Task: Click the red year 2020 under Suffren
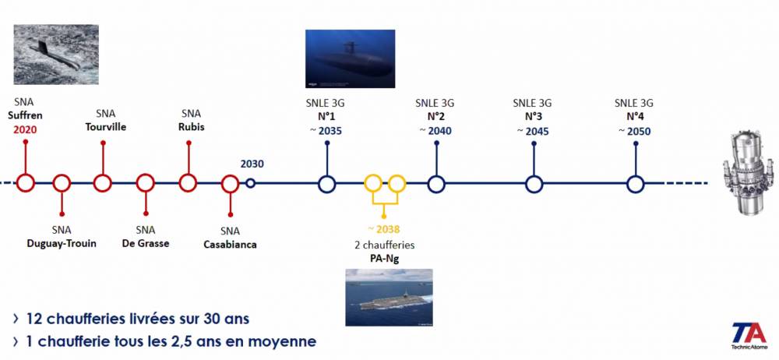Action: pyautogui.click(x=25, y=129)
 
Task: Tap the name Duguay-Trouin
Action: pyautogui.click(x=62, y=244)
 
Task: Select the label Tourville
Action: pyautogui.click(x=105, y=127)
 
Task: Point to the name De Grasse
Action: pyautogui.click(x=146, y=244)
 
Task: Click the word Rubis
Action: pyautogui.click(x=192, y=127)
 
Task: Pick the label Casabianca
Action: pyautogui.click(x=230, y=245)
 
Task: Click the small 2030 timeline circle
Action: pyautogui.click(x=250, y=183)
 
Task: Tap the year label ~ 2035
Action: pyautogui.click(x=326, y=131)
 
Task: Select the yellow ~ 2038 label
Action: pyautogui.click(x=383, y=229)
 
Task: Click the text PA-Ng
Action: pyautogui.click(x=384, y=258)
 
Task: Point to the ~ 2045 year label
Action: pyautogui.click(x=532, y=131)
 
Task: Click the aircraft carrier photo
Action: pyautogui.click(x=389, y=298)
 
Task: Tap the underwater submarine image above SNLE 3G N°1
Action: pyautogui.click(x=351, y=58)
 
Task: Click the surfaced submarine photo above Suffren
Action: pyautogui.click(x=55, y=55)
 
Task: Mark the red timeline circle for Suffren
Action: pyautogui.click(x=26, y=183)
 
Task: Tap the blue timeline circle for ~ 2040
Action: pyautogui.click(x=436, y=184)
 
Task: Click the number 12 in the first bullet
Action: pyautogui.click(x=33, y=319)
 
